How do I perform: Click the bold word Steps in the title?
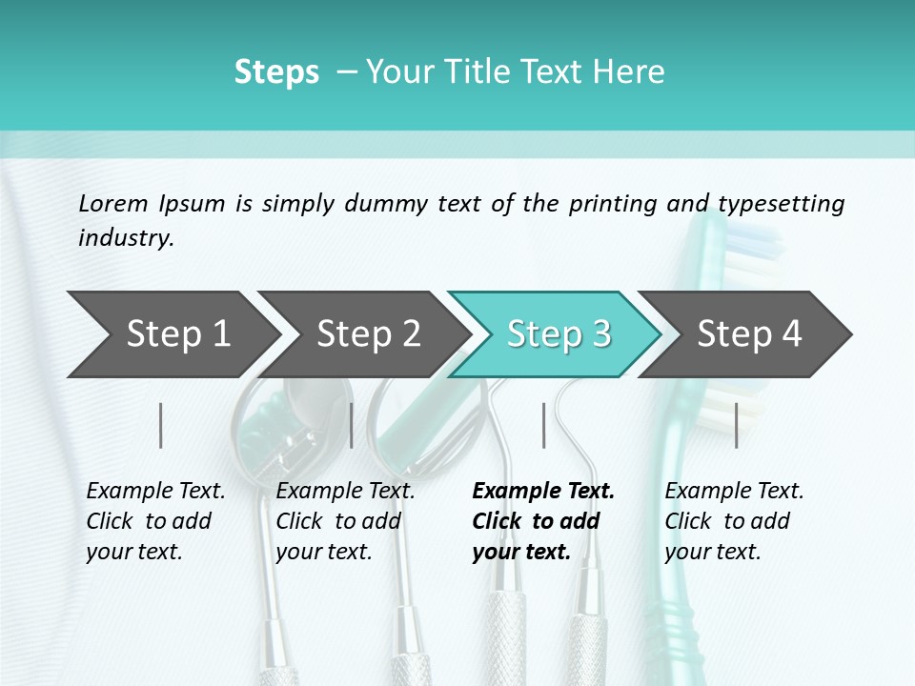(276, 72)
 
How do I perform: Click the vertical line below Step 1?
(161, 425)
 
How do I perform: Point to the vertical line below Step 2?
(352, 425)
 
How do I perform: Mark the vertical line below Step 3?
(544, 425)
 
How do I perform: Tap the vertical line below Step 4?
(736, 425)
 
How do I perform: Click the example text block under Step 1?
(155, 521)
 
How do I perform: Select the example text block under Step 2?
(345, 521)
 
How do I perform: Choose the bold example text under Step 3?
(543, 521)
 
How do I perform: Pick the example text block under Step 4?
(734, 521)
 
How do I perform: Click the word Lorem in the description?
(113, 203)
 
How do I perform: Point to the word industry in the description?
(125, 238)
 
